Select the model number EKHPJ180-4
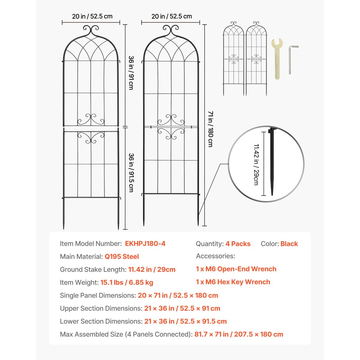145,244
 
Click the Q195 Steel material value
121,256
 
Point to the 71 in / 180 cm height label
211,129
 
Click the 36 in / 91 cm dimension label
131,73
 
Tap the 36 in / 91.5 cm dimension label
131,172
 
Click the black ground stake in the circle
272,162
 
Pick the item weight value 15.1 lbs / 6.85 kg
127,282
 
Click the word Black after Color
289,244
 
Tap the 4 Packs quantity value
238,244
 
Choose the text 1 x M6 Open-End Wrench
236,269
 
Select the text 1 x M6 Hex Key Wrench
233,282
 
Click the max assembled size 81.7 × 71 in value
238,334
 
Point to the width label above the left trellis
92,16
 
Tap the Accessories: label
215,256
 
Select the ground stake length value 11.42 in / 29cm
152,269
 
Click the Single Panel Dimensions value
178,295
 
